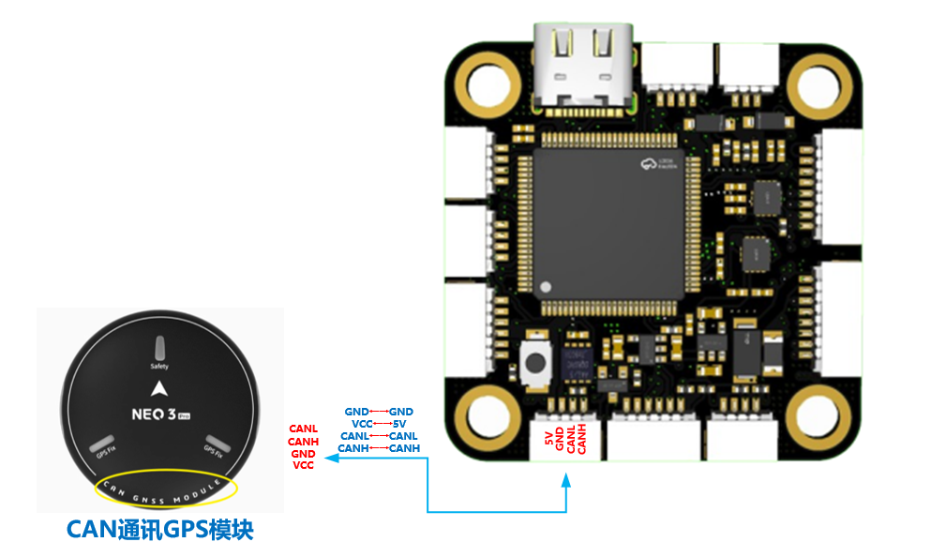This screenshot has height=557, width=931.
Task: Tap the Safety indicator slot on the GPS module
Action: (159, 347)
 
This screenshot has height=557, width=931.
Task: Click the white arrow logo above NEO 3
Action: (159, 387)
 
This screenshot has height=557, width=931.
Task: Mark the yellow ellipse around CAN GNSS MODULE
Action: (166, 488)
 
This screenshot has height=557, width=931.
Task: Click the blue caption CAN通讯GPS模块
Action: (160, 529)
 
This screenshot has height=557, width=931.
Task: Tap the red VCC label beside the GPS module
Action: (303, 465)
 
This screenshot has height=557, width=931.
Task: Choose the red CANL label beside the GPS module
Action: (304, 429)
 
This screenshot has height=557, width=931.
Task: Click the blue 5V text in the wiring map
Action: (399, 424)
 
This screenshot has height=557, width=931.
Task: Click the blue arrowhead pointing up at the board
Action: (566, 480)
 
